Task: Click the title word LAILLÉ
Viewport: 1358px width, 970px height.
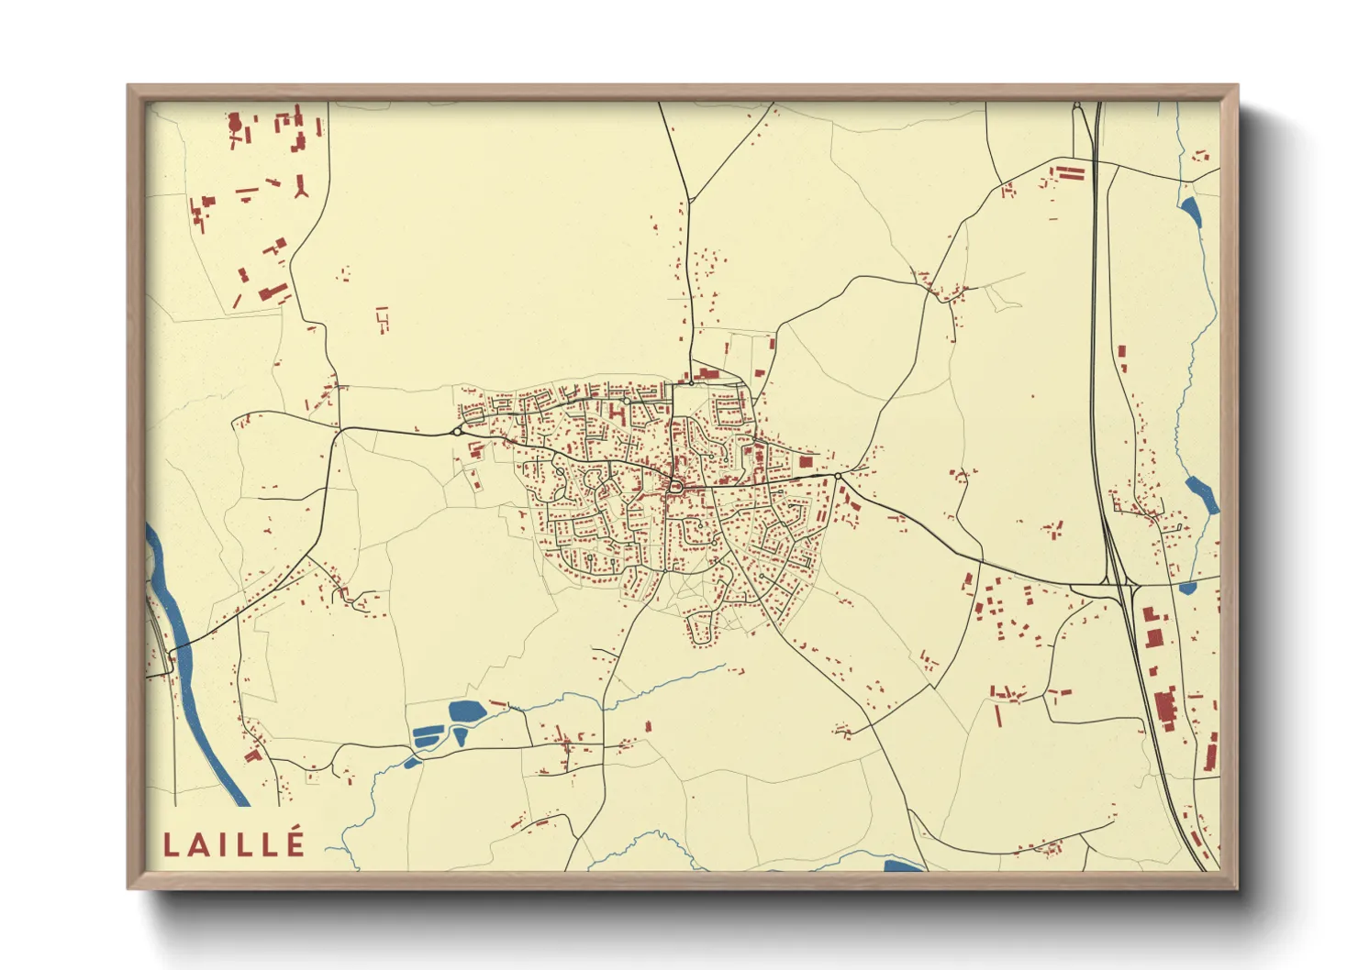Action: (233, 843)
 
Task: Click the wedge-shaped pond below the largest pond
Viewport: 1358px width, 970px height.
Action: (460, 735)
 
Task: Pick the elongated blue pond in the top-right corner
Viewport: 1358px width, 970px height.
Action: (1191, 212)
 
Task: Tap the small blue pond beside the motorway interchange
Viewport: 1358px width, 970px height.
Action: (1187, 588)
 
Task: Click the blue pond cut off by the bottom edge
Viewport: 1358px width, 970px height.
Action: (901, 865)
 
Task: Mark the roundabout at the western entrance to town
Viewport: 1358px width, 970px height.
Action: (457, 431)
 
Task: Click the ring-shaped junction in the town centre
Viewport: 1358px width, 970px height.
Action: (674, 487)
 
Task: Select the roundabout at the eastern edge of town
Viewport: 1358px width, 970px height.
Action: (838, 477)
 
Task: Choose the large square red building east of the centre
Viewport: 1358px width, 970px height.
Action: (807, 461)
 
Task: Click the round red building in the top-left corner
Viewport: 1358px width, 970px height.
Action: (235, 120)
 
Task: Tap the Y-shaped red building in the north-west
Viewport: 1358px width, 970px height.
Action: (300, 187)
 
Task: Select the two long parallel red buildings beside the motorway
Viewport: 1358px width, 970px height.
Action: (1072, 172)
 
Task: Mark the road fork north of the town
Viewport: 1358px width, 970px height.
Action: (689, 199)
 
